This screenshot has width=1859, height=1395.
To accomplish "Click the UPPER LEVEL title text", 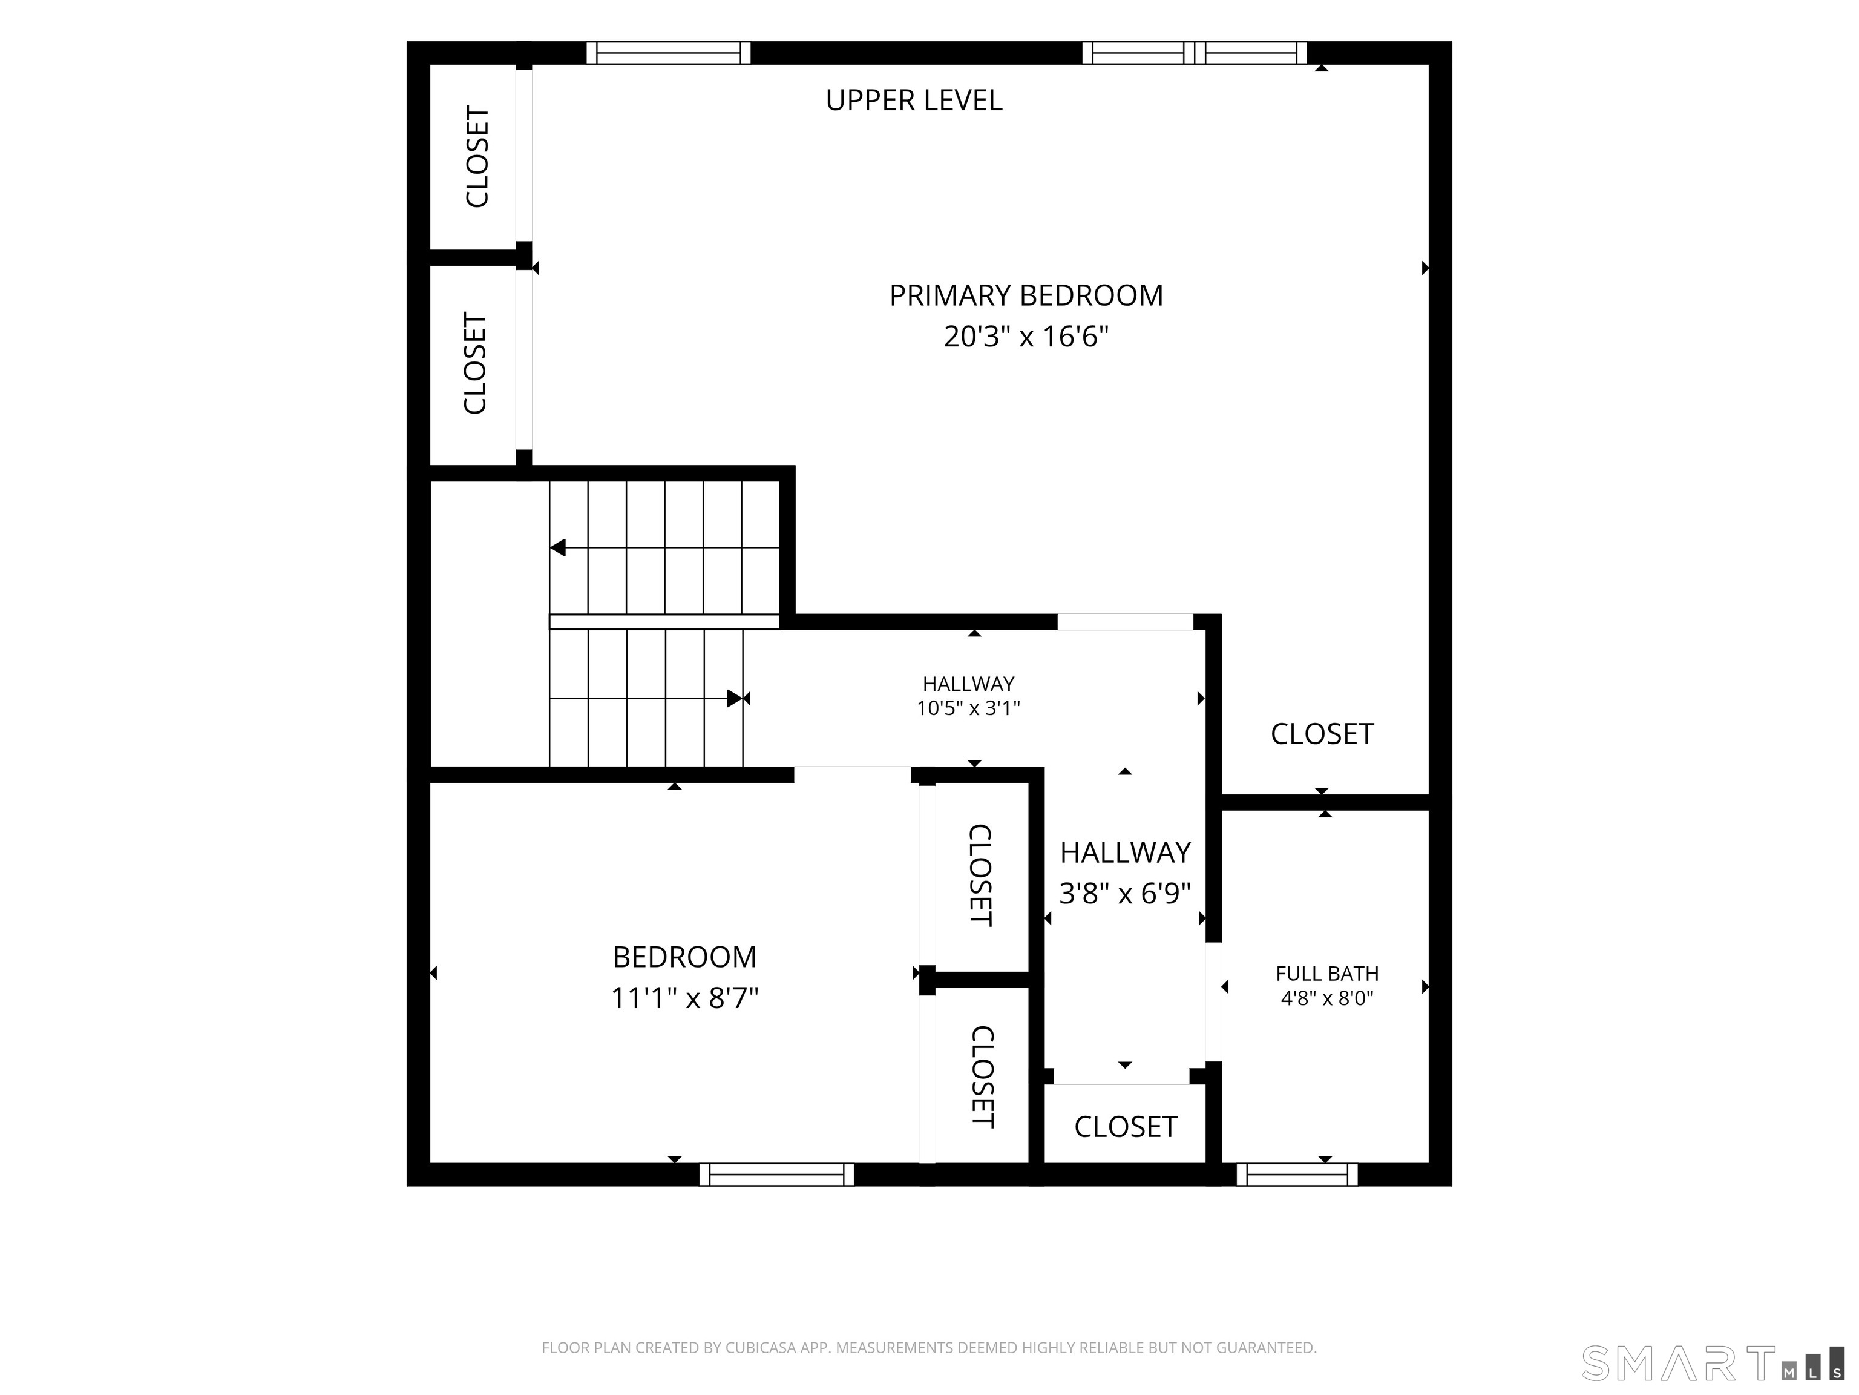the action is [914, 100].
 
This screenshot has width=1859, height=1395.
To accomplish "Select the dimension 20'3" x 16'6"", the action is [1026, 337].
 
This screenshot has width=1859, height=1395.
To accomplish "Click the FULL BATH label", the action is [1327, 973].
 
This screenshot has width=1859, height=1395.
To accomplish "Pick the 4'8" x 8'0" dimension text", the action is [1327, 998].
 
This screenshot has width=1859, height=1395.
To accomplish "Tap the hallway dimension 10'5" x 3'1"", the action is [968, 708].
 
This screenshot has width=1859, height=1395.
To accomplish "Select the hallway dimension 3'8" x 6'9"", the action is [1126, 893].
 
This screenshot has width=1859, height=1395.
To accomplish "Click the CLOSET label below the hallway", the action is [1126, 1127].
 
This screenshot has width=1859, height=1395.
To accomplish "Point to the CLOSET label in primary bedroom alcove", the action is [1322, 734].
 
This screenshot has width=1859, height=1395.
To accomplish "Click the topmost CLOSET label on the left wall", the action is [476, 156].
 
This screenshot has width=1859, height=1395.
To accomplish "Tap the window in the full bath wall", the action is [1297, 1174].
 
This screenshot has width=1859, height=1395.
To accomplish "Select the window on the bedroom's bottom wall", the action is [776, 1174].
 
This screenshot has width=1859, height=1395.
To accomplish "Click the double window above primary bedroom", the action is [1194, 53].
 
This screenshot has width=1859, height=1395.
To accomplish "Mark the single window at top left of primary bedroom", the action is [668, 53].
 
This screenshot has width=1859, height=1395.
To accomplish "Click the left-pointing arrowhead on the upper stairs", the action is [558, 547].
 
